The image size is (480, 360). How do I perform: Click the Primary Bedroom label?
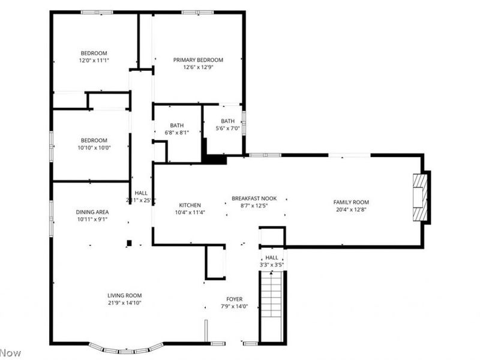[x=198, y=60]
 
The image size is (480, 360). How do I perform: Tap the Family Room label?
[x=351, y=202]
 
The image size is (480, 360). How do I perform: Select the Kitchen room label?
[x=190, y=205]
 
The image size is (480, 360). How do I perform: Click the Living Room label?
[x=124, y=295]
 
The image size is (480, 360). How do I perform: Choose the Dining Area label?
[x=92, y=212]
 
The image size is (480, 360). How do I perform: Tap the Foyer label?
[x=234, y=299]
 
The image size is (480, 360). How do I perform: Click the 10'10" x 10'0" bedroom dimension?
[x=94, y=148]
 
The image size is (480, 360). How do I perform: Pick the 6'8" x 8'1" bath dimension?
[x=176, y=133]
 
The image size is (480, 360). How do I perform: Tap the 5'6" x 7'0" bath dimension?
[x=227, y=128]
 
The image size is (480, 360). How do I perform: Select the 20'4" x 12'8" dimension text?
[x=351, y=209]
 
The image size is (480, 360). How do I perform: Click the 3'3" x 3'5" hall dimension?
[x=272, y=265]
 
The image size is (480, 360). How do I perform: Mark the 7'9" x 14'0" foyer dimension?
[x=234, y=306]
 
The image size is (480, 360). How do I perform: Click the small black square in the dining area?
[x=129, y=243]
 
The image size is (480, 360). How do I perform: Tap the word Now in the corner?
[x=10, y=353]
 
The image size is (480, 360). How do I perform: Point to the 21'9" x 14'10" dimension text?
[x=124, y=302]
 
